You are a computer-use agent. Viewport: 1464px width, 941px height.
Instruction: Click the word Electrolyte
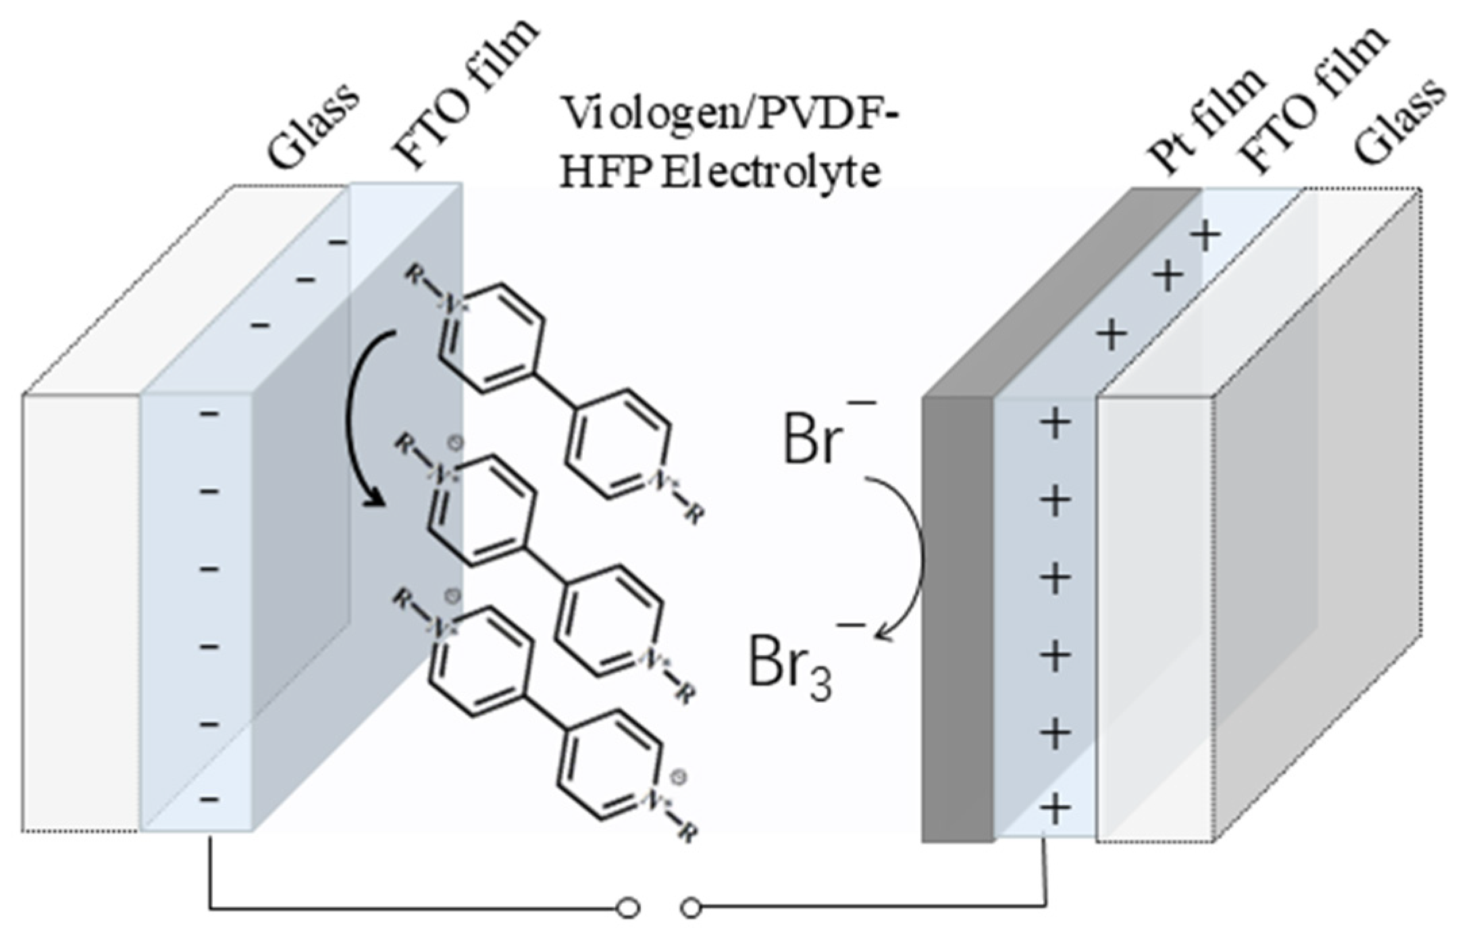click(771, 172)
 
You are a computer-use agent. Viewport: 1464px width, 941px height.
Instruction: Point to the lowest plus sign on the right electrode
click(1055, 808)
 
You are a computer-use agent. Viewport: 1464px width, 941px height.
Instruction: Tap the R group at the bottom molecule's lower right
click(687, 832)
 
